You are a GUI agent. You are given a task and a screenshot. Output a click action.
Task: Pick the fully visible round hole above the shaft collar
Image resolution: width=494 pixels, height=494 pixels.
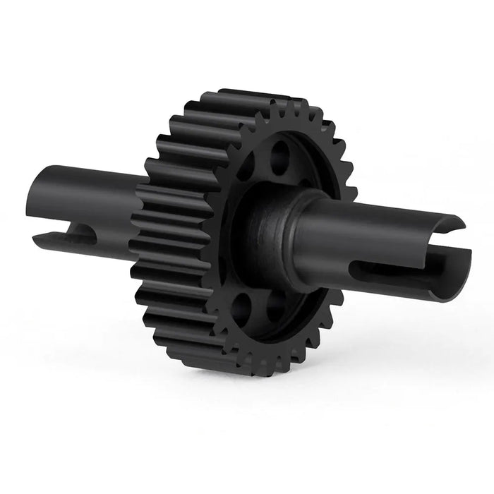279,157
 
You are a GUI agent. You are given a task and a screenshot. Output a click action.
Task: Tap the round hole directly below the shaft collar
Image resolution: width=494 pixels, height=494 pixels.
275,305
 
